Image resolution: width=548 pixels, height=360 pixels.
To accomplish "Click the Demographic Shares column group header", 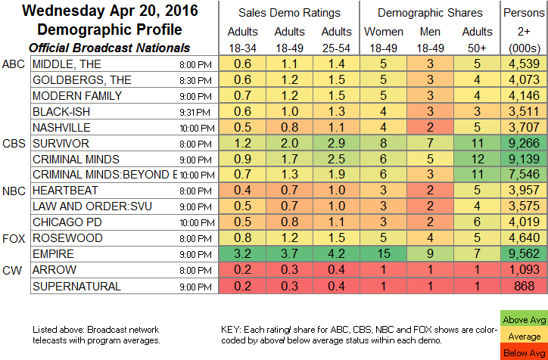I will pos(430,12).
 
